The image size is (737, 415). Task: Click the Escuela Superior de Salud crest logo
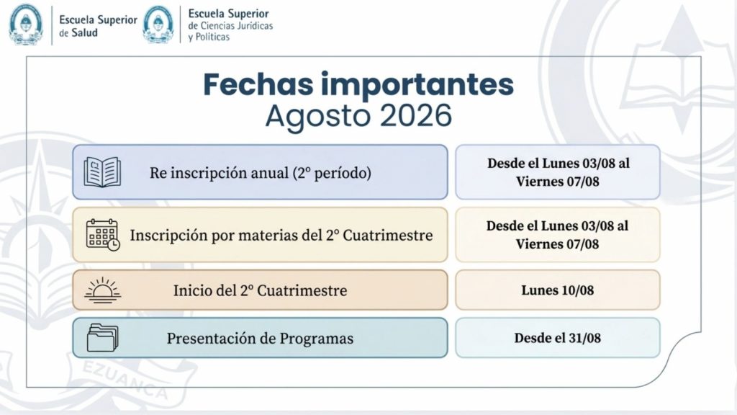coord(26,24)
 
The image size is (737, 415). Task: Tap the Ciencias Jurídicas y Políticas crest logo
coord(158,24)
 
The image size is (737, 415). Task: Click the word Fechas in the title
coord(258,84)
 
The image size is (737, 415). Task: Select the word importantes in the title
coord(417,85)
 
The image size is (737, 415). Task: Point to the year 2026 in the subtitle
coord(415,116)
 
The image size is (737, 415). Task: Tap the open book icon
coord(102,172)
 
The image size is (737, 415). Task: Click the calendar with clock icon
coord(103,235)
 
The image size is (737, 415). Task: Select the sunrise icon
coord(102,290)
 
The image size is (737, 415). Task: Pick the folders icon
coord(102,338)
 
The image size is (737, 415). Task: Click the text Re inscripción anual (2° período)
coord(261,173)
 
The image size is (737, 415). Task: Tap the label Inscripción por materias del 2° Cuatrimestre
coord(281,236)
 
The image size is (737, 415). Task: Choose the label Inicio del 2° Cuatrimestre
coord(260,290)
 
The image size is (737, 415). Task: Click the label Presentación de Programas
coord(260,339)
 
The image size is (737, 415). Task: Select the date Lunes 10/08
coord(558,290)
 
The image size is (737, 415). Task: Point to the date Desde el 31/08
coord(558,338)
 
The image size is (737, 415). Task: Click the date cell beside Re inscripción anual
coord(558,172)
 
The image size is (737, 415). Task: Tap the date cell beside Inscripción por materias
coord(558,235)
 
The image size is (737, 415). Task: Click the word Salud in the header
coord(84,33)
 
